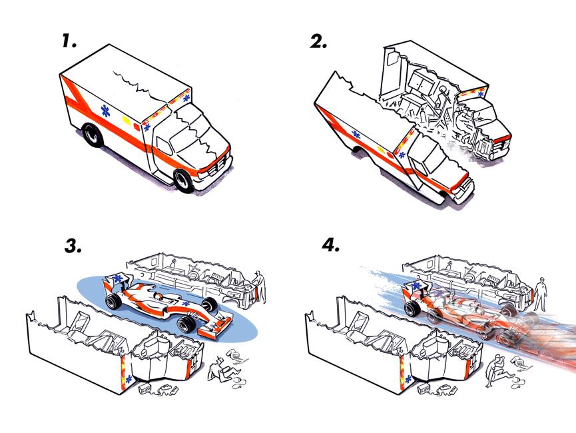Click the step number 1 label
tap(69, 41)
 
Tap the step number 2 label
tap(319, 41)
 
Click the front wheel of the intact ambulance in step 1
tap(184, 179)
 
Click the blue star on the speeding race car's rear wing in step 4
tap(419, 286)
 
